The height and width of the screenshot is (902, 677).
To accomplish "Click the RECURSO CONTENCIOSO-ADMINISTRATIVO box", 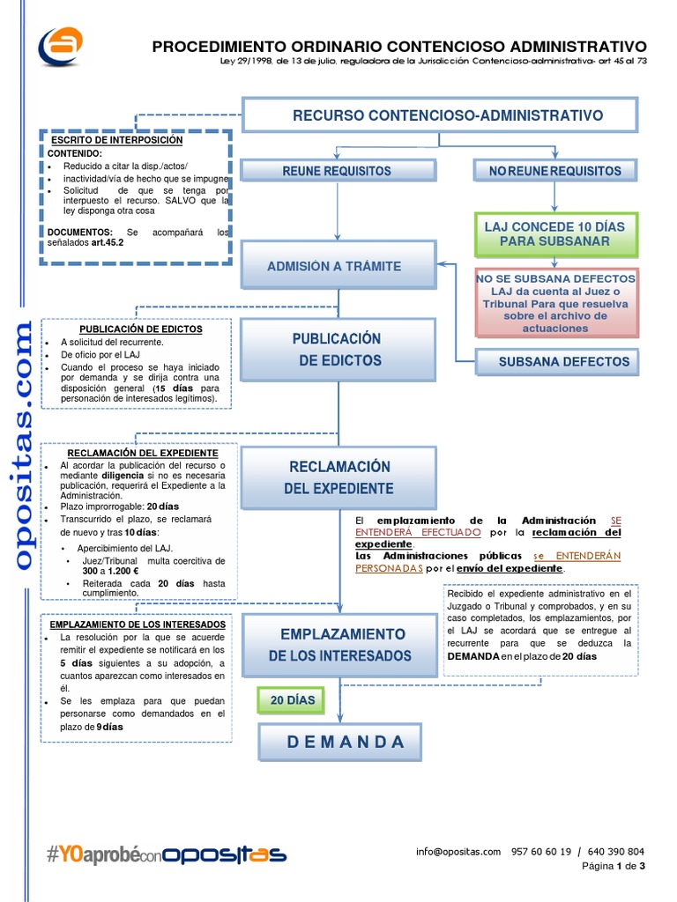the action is coord(440,115).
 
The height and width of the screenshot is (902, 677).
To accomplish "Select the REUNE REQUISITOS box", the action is coord(337,171).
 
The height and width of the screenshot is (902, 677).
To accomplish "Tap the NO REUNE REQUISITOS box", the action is coord(555,171).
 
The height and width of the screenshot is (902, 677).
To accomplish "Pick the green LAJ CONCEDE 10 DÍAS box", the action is coord(554,233).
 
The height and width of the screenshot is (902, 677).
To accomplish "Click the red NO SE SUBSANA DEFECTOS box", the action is coord(555,302).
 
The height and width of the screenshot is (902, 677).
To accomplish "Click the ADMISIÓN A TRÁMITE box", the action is coord(338,265).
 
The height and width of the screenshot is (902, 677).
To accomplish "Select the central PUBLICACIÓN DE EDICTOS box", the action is coord(338,350).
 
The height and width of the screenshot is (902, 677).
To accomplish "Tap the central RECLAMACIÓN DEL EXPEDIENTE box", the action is coord(338,477).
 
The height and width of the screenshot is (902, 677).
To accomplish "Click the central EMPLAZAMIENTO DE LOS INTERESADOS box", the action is coord(340,645).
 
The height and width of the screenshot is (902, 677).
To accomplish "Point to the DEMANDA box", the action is coord(340,742).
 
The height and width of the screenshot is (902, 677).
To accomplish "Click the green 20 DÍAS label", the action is coord(286,700).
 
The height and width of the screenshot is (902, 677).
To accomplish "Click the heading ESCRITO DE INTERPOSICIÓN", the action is coord(116,140).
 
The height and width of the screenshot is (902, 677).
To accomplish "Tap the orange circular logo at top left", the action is coord(60,47).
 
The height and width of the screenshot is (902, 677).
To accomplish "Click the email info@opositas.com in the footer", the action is coord(458,852).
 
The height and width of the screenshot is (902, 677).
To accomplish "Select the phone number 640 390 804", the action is coord(616,852).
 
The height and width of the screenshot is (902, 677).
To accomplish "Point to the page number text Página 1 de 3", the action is coord(614,867).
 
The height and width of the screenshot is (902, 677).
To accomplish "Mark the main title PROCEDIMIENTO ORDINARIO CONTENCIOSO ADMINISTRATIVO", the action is coord(399,47).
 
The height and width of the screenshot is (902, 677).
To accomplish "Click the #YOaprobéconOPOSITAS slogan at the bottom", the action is coord(167,854).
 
